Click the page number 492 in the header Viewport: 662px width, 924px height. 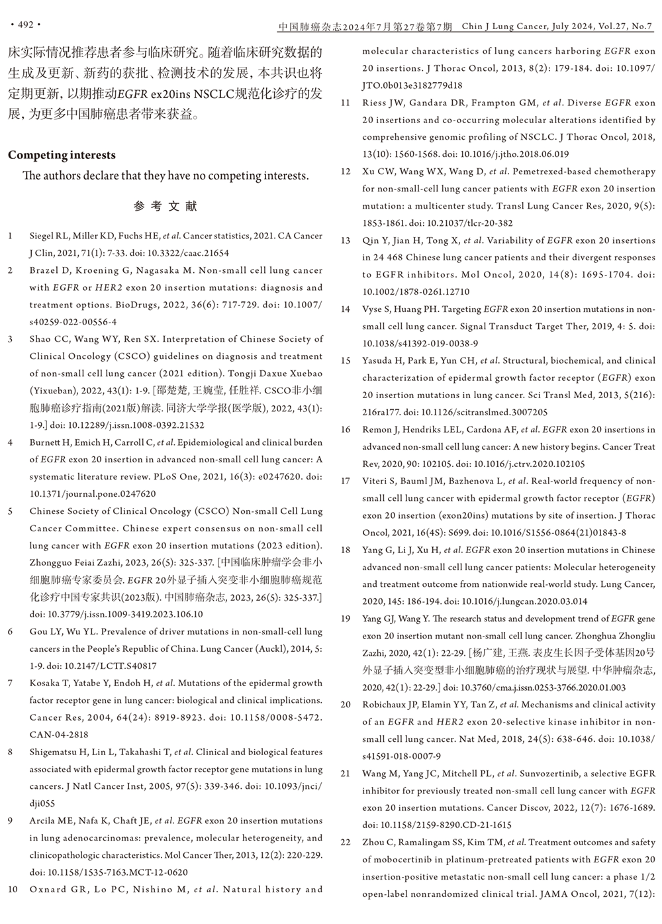click(x=25, y=25)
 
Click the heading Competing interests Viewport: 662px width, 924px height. click(x=62, y=155)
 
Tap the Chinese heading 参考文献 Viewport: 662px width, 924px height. click(x=165, y=206)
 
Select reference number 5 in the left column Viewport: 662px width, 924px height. click(x=11, y=511)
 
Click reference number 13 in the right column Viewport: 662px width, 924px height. click(x=346, y=240)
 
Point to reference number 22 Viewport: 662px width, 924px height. click(x=346, y=843)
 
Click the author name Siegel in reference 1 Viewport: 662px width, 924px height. click(x=42, y=236)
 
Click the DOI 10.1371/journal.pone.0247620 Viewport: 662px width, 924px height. click(x=93, y=493)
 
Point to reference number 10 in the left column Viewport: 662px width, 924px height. click(x=13, y=890)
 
